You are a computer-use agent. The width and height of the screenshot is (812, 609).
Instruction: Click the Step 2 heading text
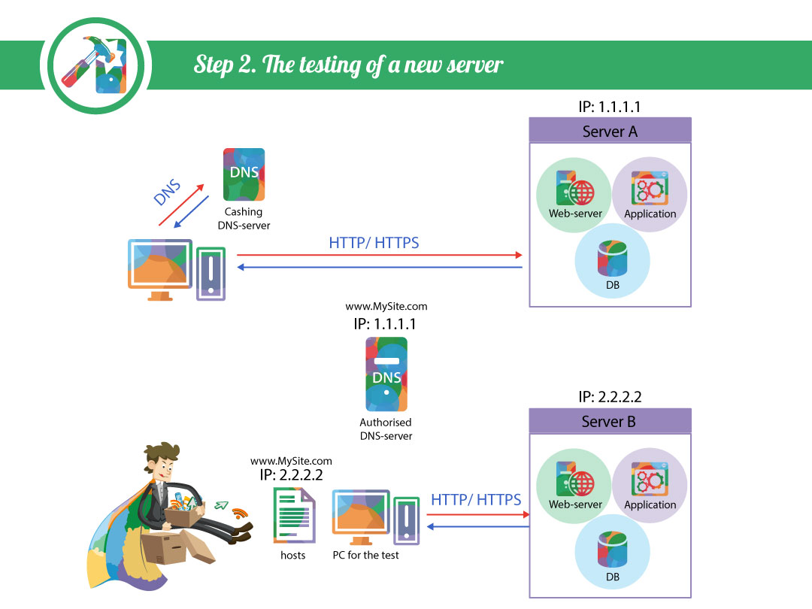tap(348, 64)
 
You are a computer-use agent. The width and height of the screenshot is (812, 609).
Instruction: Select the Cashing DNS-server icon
tap(244, 174)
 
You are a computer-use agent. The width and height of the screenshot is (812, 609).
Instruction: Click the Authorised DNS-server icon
tap(386, 374)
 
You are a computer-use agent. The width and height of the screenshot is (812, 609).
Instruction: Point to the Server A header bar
tap(610, 131)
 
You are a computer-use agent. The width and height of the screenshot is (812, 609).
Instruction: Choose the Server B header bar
tap(610, 421)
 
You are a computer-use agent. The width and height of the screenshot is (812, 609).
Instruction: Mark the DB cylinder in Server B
tap(611, 550)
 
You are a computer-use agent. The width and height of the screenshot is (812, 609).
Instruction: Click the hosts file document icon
tap(293, 515)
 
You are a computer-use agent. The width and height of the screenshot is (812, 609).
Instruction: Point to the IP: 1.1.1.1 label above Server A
tap(610, 107)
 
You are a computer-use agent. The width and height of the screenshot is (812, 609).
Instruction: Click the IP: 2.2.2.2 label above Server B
tap(610, 397)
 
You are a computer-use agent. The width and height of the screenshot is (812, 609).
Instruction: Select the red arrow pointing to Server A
tap(380, 256)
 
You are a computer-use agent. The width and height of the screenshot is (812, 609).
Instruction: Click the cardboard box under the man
tap(169, 549)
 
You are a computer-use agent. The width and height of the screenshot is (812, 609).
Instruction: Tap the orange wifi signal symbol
tap(240, 514)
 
